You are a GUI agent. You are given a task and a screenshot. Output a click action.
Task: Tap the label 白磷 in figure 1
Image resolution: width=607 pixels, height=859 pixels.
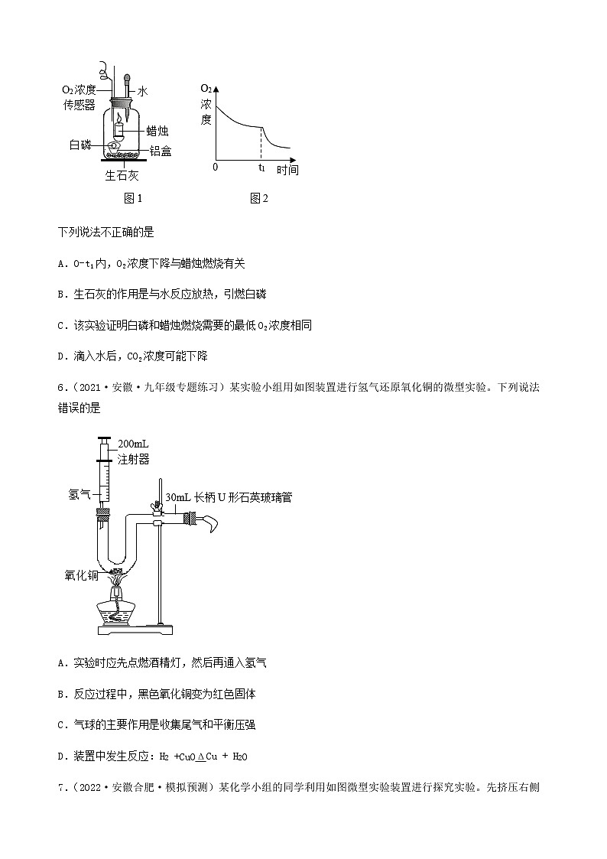pos(80,145)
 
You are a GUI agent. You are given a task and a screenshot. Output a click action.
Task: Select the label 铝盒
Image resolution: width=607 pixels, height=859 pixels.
pos(161,151)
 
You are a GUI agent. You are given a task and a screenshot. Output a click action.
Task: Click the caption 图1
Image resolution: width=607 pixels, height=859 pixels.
pos(133,199)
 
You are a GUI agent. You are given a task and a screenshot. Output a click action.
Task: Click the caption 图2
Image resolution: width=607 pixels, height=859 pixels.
pos(258,199)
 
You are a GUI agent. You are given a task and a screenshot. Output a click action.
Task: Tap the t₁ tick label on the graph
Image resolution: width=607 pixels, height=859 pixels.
pos(261,167)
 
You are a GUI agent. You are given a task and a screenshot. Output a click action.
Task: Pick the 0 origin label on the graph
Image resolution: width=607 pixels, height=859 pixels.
pos(216,167)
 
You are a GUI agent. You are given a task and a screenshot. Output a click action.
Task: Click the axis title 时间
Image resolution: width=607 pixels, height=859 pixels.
pos(287,169)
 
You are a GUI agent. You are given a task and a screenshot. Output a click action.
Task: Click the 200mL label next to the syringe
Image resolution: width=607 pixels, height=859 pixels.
pos(134,444)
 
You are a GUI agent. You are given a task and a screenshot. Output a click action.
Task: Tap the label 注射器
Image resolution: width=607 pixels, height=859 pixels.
pos(133,459)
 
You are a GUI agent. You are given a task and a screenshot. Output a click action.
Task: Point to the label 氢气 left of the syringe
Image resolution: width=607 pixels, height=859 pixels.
pos(80,495)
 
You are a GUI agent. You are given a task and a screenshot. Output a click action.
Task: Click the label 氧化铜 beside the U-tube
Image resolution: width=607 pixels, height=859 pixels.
pos(80,574)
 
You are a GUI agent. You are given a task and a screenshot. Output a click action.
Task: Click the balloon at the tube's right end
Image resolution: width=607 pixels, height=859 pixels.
pos(209,522)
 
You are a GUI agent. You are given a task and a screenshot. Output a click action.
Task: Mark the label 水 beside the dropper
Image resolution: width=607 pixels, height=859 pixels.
pos(141,90)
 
